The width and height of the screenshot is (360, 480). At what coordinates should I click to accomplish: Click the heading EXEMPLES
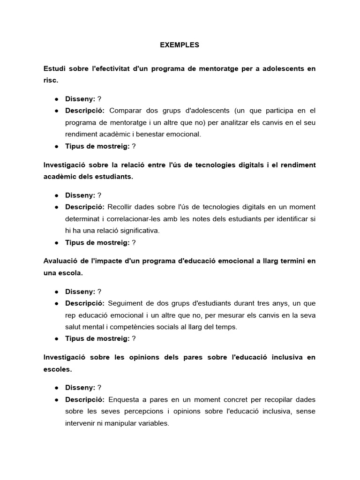180,45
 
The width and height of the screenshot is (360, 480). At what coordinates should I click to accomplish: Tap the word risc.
51,80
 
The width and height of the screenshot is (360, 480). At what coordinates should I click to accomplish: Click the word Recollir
122,207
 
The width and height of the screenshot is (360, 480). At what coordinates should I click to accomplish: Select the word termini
292,261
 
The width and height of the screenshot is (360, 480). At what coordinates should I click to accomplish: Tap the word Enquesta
124,399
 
